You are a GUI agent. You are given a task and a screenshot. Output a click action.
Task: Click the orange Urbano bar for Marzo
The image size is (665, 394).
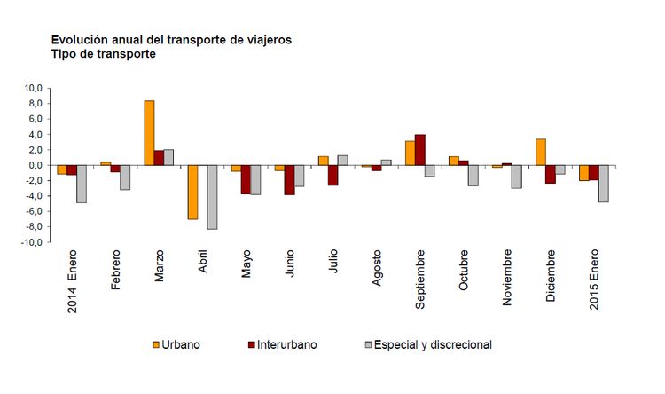149,133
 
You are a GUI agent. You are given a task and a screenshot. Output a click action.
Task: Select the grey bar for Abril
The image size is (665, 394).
212,197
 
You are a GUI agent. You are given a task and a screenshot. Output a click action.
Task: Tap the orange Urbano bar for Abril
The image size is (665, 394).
192,192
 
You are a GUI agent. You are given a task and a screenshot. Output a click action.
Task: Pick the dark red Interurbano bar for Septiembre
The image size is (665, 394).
420,150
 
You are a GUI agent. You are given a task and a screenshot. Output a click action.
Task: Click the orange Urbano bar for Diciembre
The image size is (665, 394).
541,152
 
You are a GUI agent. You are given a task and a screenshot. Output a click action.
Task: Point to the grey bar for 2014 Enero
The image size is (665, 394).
82,184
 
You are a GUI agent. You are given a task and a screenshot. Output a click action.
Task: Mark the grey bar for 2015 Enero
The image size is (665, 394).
604,184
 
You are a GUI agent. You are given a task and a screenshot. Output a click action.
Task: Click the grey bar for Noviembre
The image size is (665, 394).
516,177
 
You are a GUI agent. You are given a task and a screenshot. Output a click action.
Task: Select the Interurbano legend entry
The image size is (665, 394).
281,344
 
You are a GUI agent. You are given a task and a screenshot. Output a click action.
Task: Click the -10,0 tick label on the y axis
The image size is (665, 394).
30,242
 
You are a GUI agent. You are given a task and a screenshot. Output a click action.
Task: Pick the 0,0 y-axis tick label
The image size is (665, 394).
34,165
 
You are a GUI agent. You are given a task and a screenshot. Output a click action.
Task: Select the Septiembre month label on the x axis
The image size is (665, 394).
420,280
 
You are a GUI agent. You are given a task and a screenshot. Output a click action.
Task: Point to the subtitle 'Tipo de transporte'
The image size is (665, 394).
104,54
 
